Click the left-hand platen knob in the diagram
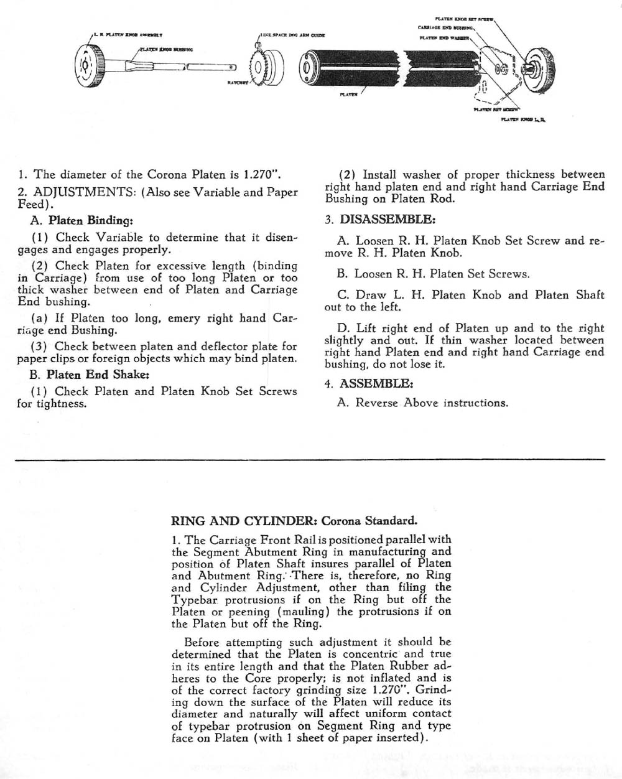tap(88, 65)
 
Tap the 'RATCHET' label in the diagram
tap(238, 82)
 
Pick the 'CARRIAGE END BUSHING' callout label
tap(446, 27)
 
